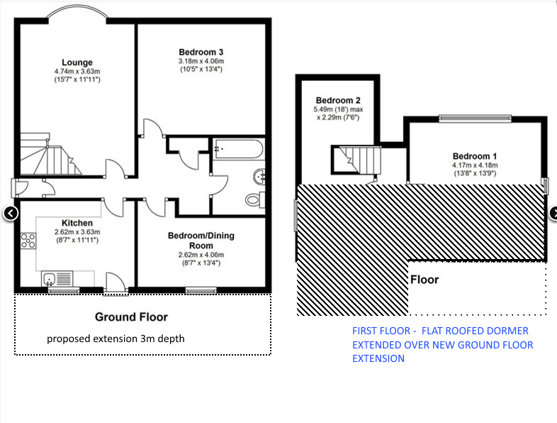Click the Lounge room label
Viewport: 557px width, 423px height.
77,62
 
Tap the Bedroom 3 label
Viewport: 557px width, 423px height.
201,53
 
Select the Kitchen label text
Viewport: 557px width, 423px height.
77,223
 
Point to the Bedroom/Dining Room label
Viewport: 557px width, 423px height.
201,241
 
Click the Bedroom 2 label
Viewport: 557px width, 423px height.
338,100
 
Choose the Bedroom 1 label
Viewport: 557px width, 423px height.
475,156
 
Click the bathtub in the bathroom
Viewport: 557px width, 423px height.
238,149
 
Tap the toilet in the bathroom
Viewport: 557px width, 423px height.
255,199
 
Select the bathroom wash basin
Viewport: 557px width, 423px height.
259,177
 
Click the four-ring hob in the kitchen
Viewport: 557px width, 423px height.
28,241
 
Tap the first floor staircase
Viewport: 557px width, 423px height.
356,160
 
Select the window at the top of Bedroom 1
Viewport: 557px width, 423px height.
475,119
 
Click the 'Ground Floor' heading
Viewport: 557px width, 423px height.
131,317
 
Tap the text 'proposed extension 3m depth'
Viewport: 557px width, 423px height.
116,339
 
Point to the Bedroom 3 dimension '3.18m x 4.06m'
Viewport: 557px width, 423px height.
201,61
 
